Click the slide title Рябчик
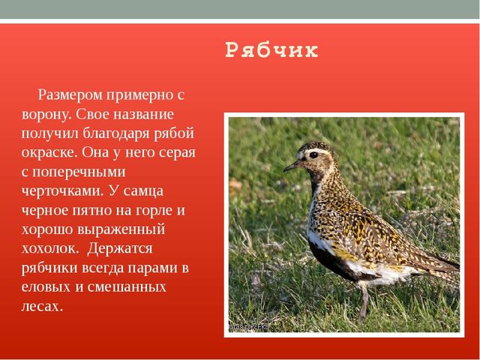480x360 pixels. point(271,50)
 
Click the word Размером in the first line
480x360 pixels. point(70,95)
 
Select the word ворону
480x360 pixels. point(46,115)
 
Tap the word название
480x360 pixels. point(143,115)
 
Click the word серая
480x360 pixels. point(178,153)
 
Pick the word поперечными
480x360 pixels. point(79,172)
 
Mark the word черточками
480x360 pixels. point(62,191)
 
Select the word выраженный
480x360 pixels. point(121,229)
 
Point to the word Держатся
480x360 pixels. point(120,248)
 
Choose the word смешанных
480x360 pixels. point(127,287)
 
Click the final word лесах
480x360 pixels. point(42,307)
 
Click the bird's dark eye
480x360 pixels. point(313,155)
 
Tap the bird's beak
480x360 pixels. point(292,166)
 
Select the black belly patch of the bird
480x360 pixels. point(331,260)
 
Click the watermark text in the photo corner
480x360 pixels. point(249,327)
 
